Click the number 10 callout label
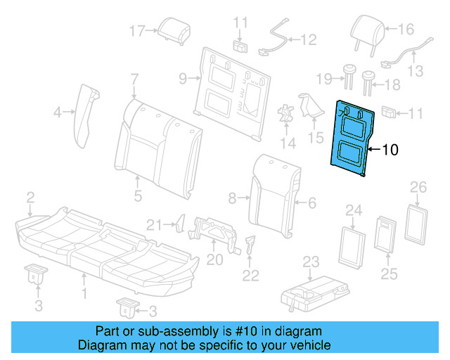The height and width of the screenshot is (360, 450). pyautogui.click(x=390, y=149)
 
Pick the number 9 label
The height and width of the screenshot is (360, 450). pyautogui.click(x=182, y=79)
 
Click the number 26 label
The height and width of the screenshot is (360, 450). pyautogui.click(x=418, y=187)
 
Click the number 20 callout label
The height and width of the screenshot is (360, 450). pyautogui.click(x=214, y=259)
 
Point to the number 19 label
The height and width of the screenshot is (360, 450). pyautogui.click(x=323, y=78)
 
